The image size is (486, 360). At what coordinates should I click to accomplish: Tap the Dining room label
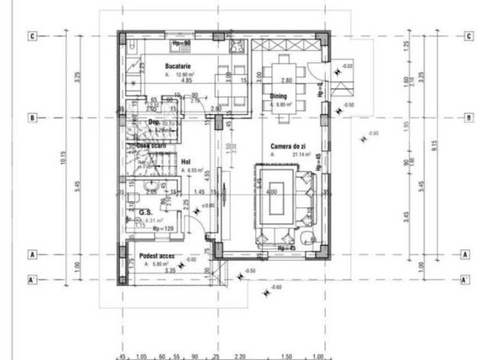click(x=279, y=97)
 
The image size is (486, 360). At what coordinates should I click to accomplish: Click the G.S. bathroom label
click(x=144, y=211)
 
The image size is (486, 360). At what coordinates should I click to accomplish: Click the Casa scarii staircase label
click(x=152, y=144)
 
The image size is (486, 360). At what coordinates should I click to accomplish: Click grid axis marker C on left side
click(x=31, y=36)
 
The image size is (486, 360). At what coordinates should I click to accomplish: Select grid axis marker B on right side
click(x=466, y=118)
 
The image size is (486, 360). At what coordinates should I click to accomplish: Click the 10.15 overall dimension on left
click(x=52, y=159)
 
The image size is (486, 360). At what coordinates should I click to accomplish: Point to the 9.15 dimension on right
click(x=433, y=159)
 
